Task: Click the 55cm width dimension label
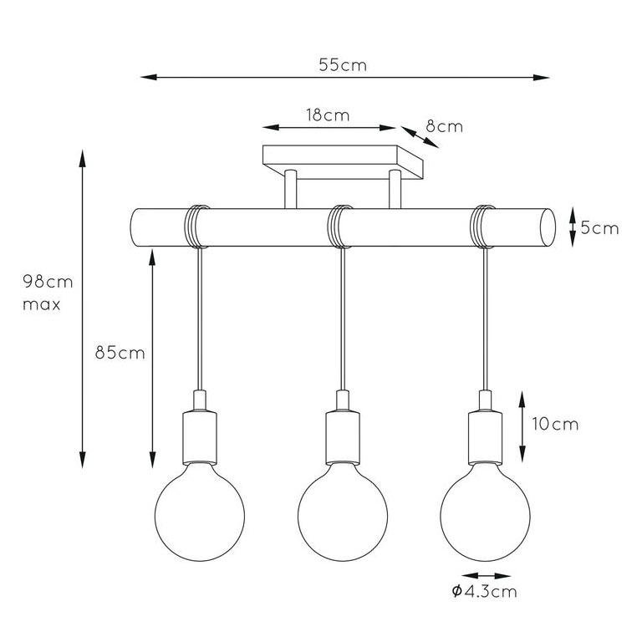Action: click(343, 65)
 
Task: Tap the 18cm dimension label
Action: click(327, 115)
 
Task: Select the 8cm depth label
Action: click(444, 127)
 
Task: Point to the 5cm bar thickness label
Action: click(599, 227)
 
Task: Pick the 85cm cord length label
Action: click(120, 353)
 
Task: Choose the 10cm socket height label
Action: click(553, 424)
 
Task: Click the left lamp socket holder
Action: click(199, 435)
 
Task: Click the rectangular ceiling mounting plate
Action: click(344, 156)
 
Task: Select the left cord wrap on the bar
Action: click(196, 227)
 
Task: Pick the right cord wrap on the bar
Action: click(482, 227)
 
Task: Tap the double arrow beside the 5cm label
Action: click(572, 227)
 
